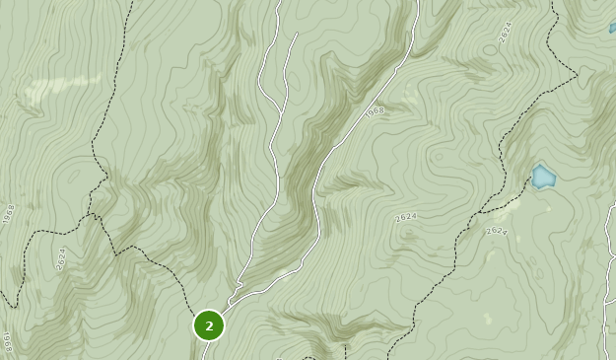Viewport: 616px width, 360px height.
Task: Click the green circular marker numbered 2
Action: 209,325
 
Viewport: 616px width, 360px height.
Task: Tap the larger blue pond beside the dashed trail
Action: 543,178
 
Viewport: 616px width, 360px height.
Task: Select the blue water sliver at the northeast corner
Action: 612,28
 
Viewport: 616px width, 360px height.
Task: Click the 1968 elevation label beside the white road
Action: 375,111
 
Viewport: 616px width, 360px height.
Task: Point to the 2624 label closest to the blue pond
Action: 497,231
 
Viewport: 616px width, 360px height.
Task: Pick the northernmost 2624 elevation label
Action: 506,32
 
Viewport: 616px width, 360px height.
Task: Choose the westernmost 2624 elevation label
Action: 61,259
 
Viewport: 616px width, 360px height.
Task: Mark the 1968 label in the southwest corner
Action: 6,342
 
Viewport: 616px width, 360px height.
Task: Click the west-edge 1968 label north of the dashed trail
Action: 9,213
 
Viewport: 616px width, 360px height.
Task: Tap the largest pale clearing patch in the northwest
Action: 61,89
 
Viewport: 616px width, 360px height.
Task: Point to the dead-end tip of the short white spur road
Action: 297,35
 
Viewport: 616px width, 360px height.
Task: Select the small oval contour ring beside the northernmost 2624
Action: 490,49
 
